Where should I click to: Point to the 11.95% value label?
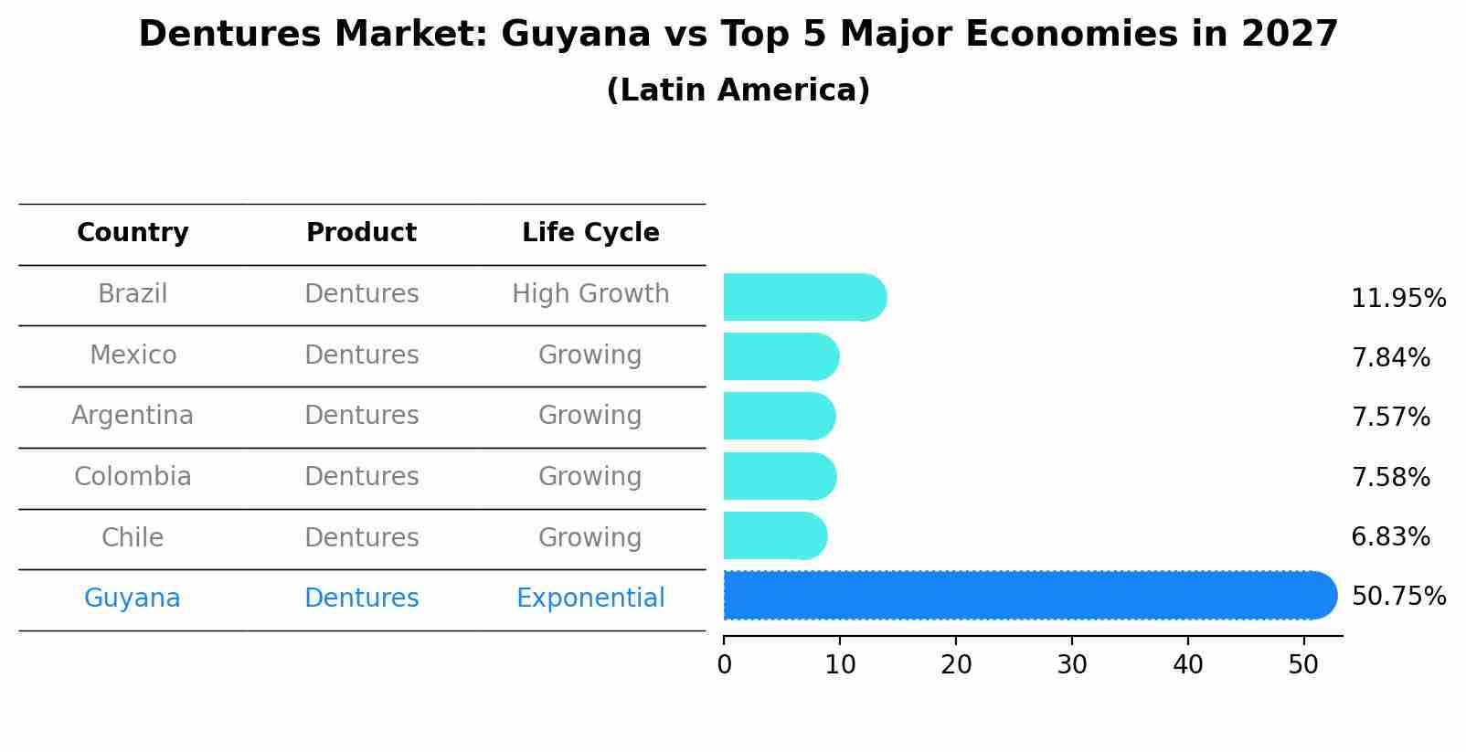tap(1398, 299)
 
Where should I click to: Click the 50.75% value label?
tap(1398, 597)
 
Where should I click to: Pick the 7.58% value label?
tap(1390, 477)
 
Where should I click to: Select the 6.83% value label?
tap(1390, 537)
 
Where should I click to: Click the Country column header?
tap(133, 233)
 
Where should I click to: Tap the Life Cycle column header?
tap(590, 233)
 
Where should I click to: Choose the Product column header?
tap(361, 233)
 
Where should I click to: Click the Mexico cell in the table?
tap(133, 355)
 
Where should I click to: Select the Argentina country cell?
tap(133, 416)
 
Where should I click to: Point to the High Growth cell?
tap(590, 294)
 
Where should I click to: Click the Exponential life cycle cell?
tap(590, 598)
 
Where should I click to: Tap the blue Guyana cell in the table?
tap(133, 598)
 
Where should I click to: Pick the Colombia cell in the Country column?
tap(133, 477)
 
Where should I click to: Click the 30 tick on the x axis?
tap(1072, 665)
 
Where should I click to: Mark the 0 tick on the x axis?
tap(725, 665)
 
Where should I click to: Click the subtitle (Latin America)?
tap(738, 90)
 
